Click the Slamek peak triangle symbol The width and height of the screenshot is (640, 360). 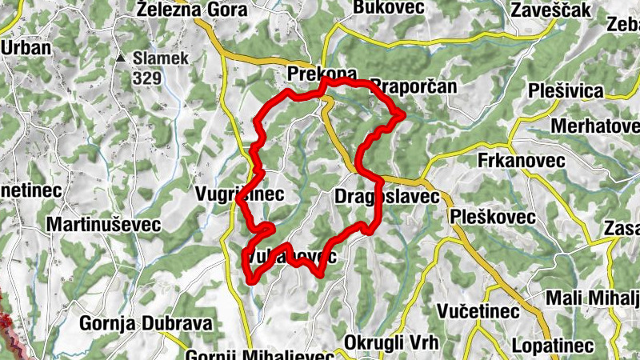click(x=121, y=58)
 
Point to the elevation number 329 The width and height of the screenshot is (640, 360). click(x=148, y=78)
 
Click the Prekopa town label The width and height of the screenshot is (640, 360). click(x=322, y=74)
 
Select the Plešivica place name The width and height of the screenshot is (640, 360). click(x=566, y=90)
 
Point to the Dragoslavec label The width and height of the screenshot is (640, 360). click(x=386, y=196)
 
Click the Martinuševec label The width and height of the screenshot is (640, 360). click(x=104, y=225)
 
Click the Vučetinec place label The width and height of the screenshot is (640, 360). click(x=478, y=310)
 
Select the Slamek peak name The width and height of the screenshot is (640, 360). click(x=161, y=58)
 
